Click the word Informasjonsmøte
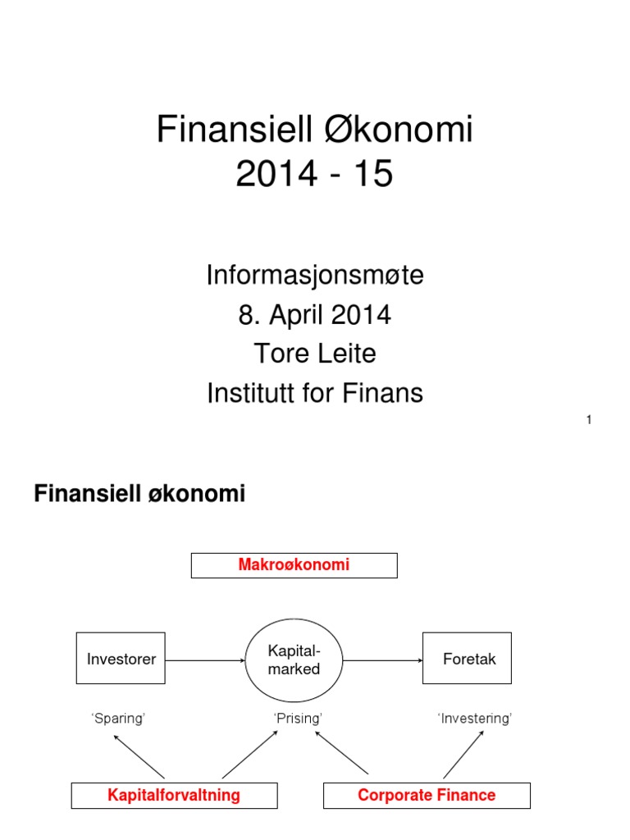[315, 276]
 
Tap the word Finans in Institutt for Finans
[385, 394]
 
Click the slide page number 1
[589, 421]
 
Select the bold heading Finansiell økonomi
[139, 494]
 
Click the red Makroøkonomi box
[294, 565]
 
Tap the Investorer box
[121, 659]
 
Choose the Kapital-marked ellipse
[294, 660]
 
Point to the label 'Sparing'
[118, 719]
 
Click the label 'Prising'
[297, 719]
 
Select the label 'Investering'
[475, 719]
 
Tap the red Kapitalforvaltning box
[174, 796]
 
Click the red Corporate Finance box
[427, 796]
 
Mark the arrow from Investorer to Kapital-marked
[205, 659]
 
